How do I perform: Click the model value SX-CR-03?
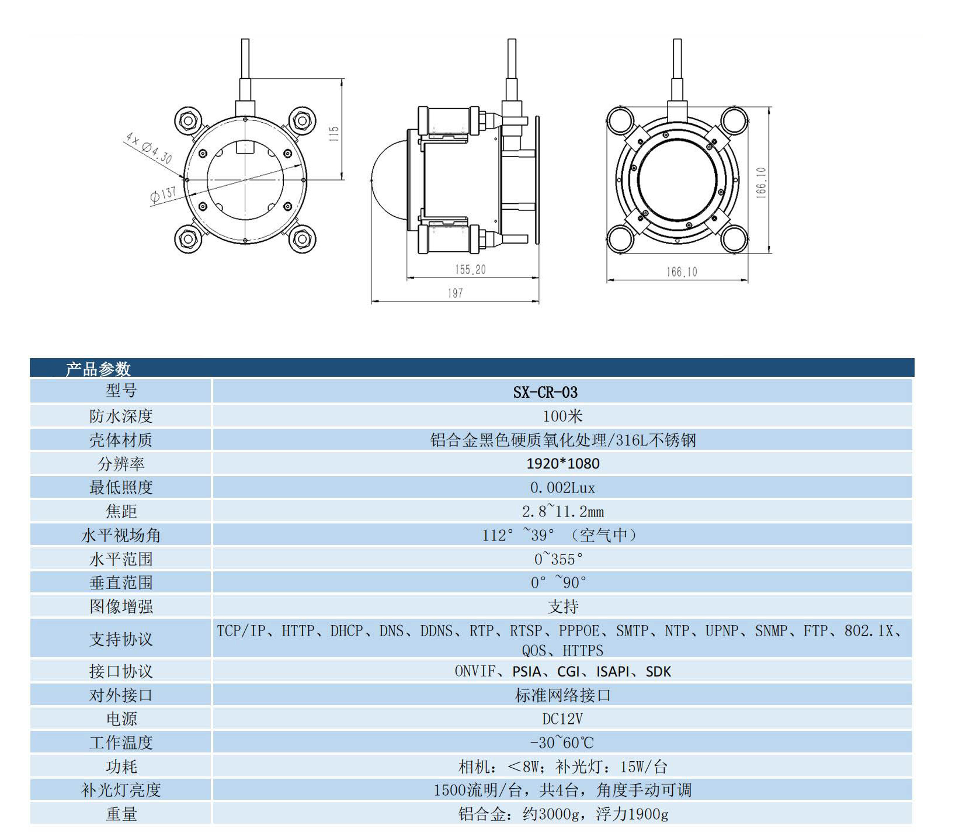(x=544, y=392)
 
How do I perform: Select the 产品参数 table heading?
(x=98, y=369)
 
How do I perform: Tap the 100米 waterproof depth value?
(x=562, y=416)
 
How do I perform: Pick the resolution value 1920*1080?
(x=562, y=463)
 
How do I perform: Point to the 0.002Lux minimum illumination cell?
(x=562, y=487)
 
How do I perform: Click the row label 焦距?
(x=121, y=511)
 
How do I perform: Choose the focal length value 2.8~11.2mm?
(x=562, y=511)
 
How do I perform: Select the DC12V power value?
(x=562, y=719)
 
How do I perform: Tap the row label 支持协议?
(x=121, y=639)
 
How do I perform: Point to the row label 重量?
(x=121, y=814)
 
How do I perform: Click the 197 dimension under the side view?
(x=455, y=293)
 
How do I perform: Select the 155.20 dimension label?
(x=470, y=269)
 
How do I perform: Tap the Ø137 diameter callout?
(x=163, y=195)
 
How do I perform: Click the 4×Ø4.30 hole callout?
(x=148, y=148)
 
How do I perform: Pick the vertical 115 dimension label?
(x=333, y=134)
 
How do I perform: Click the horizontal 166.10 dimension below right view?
(x=681, y=272)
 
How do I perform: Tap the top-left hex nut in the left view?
(x=188, y=122)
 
